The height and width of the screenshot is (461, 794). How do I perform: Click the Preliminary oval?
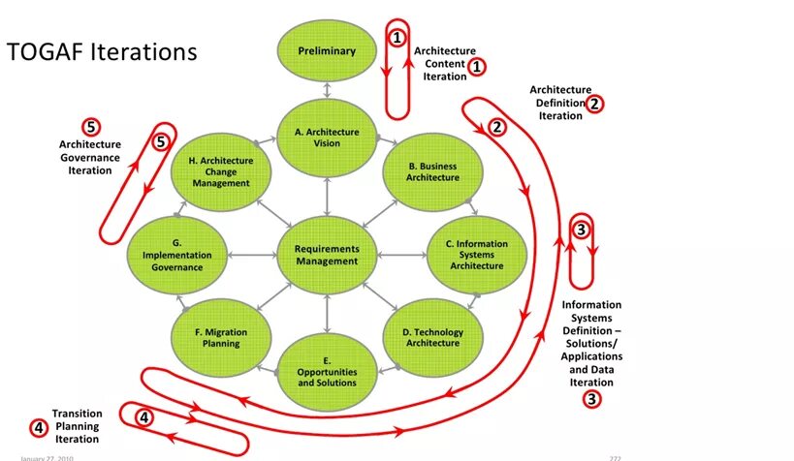(327, 51)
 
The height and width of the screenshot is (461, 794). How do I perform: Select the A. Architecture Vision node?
(327, 138)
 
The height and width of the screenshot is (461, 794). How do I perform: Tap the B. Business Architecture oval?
(433, 171)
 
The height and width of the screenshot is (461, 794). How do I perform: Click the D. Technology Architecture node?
(432, 337)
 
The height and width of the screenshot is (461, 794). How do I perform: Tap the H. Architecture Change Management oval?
(221, 171)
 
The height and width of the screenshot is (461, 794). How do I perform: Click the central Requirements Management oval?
(327, 255)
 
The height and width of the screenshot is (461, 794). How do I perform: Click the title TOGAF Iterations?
(102, 51)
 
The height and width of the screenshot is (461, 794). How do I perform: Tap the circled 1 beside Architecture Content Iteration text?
(477, 66)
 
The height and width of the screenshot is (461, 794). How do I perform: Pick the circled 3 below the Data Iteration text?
(591, 398)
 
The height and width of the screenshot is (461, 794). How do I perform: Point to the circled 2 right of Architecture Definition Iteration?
(595, 103)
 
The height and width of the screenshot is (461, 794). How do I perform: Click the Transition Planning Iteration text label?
(77, 426)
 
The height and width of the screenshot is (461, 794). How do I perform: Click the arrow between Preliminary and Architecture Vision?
(328, 90)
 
